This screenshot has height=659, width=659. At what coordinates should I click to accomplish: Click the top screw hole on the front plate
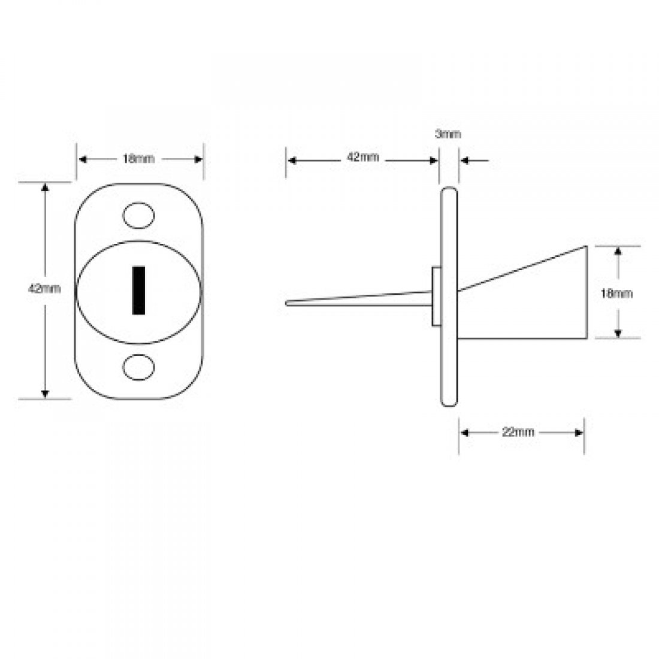coord(138,216)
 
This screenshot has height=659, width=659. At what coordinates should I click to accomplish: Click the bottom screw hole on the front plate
coord(138,367)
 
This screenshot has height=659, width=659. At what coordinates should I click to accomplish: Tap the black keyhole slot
coord(138,291)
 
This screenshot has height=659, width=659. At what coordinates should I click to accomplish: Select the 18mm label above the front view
coord(138,159)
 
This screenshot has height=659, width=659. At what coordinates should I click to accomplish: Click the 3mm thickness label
coord(448,134)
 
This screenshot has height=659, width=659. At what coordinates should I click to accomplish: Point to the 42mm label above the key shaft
coord(363,158)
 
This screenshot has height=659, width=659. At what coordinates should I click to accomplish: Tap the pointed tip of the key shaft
coord(288,303)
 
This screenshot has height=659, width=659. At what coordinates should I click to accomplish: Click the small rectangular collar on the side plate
coord(437,297)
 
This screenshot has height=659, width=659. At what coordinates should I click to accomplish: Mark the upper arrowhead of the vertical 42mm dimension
coord(44,188)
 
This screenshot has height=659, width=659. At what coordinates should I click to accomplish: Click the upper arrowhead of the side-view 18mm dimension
coord(618,250)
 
